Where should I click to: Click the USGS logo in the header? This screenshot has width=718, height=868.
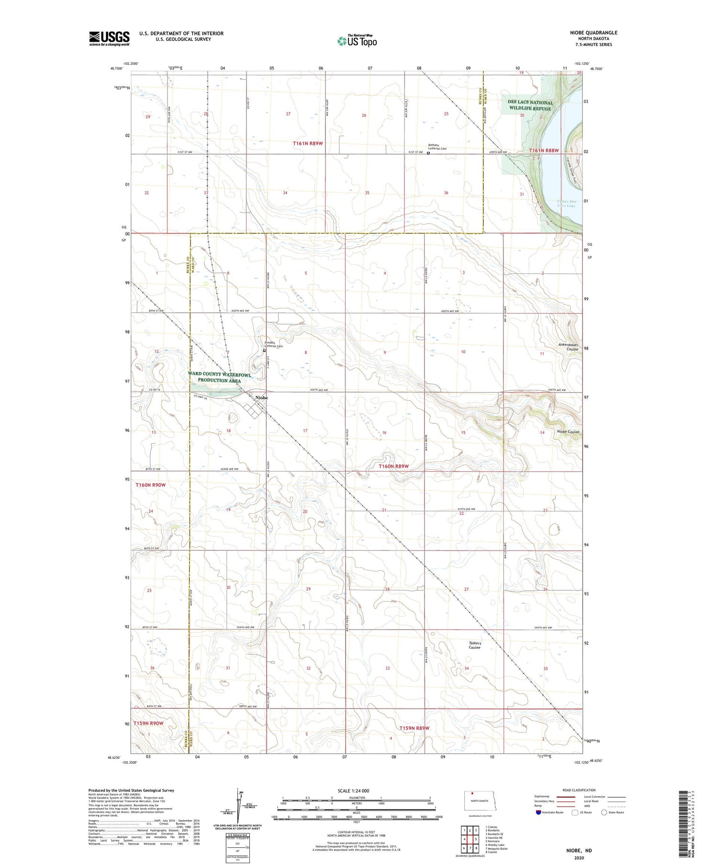coord(109,38)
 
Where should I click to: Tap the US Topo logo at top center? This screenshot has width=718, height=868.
coord(357,41)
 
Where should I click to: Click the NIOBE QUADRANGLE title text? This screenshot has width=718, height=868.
coord(591,33)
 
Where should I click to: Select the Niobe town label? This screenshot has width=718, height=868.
coord(261,398)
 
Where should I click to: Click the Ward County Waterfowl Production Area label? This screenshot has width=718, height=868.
coord(220,378)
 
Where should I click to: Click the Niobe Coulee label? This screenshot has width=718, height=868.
coord(568,432)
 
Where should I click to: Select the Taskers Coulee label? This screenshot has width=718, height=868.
coord(475,645)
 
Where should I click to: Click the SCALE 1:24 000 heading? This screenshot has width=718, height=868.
coord(353,790)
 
